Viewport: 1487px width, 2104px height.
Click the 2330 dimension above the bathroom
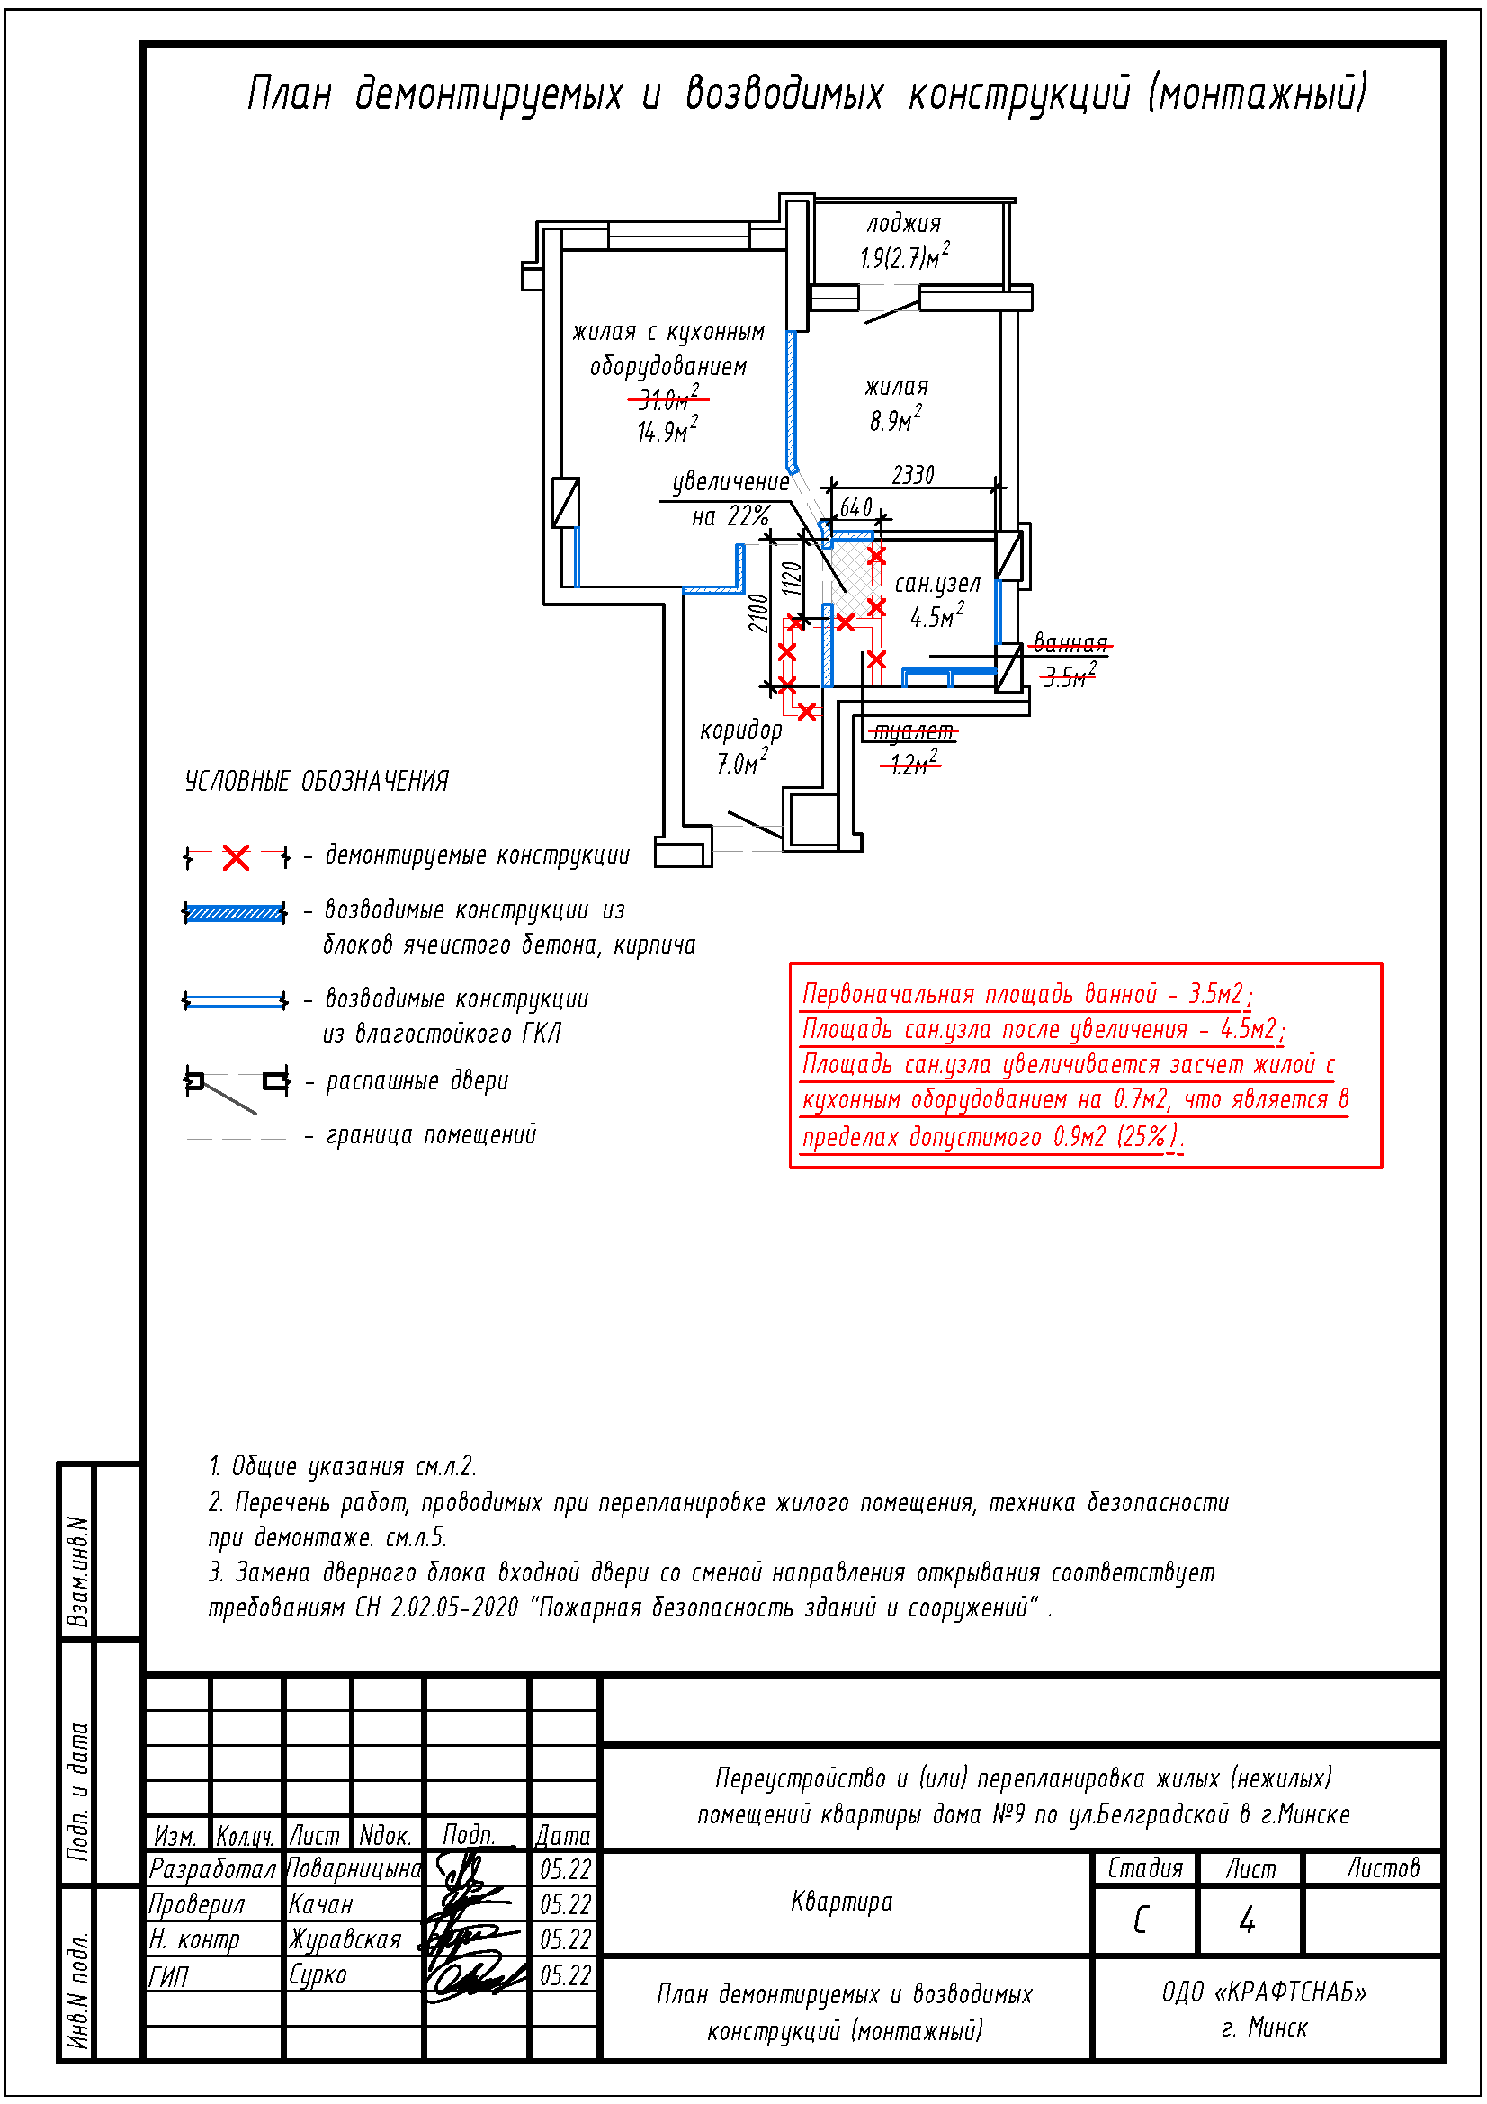pyautogui.click(x=912, y=475)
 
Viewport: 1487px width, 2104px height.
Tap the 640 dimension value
pyautogui.click(x=855, y=507)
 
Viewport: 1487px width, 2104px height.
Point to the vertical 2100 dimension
pyautogui.click(x=757, y=613)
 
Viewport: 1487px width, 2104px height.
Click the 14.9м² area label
pyautogui.click(x=667, y=430)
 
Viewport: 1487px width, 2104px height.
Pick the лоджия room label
pyautogui.click(x=904, y=223)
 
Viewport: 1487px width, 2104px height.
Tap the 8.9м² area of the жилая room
pyautogui.click(x=895, y=419)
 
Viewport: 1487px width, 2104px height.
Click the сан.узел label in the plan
pyautogui.click(x=937, y=584)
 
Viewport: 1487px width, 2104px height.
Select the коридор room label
pyautogui.click(x=741, y=730)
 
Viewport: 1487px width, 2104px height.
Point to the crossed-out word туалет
pyautogui.click(x=912, y=731)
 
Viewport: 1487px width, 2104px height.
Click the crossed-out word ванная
pyautogui.click(x=1071, y=642)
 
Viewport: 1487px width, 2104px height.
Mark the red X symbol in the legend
pyautogui.click(x=237, y=858)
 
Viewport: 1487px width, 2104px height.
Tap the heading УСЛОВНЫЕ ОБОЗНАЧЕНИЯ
pyautogui.click(x=317, y=781)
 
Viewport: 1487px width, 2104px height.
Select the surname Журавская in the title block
pyautogui.click(x=345, y=1940)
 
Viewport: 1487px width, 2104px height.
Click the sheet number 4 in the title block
pyautogui.click(x=1247, y=1920)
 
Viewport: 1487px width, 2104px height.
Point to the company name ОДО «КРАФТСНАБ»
pyautogui.click(x=1265, y=1992)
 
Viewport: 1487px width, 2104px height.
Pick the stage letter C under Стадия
pyautogui.click(x=1141, y=1920)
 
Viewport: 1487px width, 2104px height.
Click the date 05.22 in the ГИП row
pyautogui.click(x=565, y=1975)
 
